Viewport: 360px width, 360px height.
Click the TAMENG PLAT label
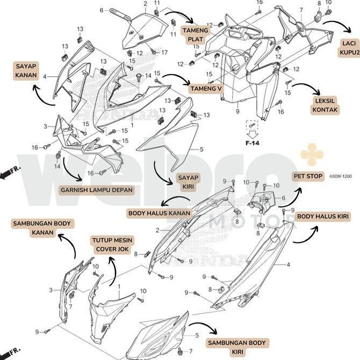195,34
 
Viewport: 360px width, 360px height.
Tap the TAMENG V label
205,88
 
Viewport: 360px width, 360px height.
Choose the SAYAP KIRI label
189,182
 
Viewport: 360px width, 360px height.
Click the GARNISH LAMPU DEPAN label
96,190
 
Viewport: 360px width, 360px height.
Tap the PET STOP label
308,176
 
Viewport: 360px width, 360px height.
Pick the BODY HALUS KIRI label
323,217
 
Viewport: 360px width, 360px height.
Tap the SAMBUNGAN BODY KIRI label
237,347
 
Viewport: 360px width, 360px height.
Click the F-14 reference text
253,143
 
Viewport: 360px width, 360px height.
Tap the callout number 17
165,53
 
